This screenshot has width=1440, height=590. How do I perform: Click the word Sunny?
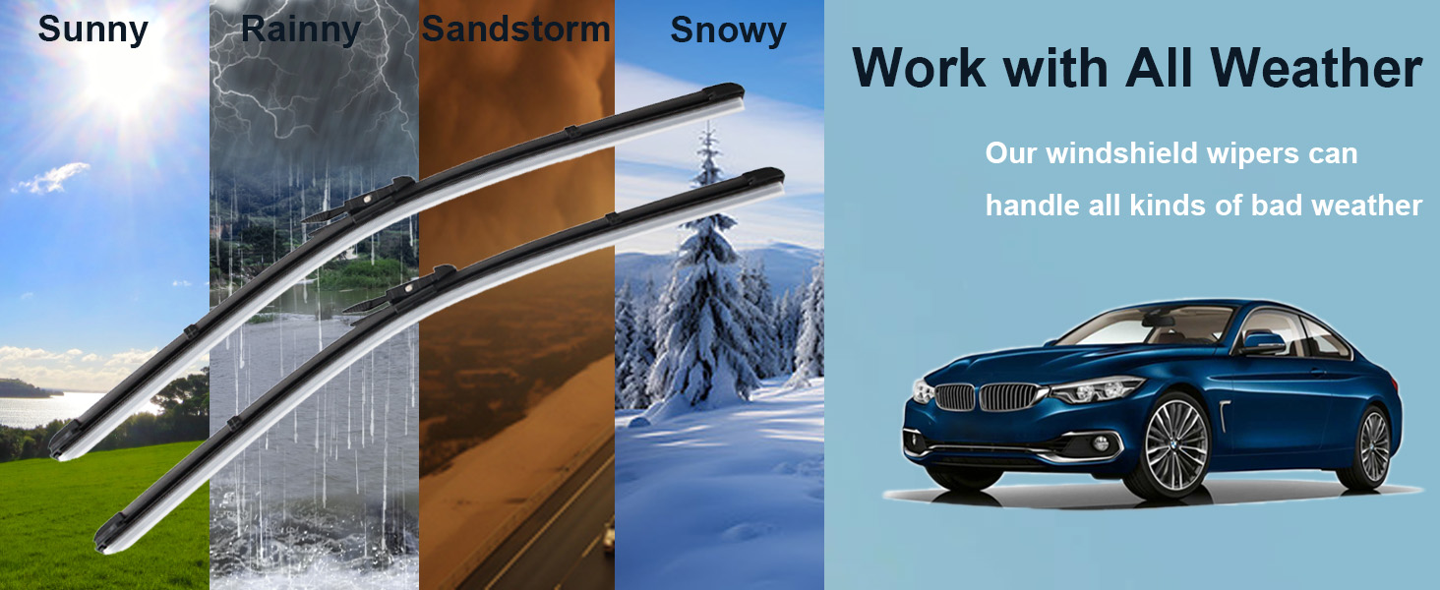(93, 30)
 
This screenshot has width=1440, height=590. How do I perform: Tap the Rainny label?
(301, 30)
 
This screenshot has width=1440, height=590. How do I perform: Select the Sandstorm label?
(515, 29)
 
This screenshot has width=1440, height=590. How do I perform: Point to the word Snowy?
(728, 30)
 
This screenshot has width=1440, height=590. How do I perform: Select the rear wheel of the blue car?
(1374, 445)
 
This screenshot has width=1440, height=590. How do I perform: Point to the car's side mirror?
(1263, 342)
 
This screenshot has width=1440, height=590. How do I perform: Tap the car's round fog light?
(1100, 442)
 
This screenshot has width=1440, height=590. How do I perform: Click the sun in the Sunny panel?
(122, 74)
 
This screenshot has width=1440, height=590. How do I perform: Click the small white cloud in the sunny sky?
(51, 178)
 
